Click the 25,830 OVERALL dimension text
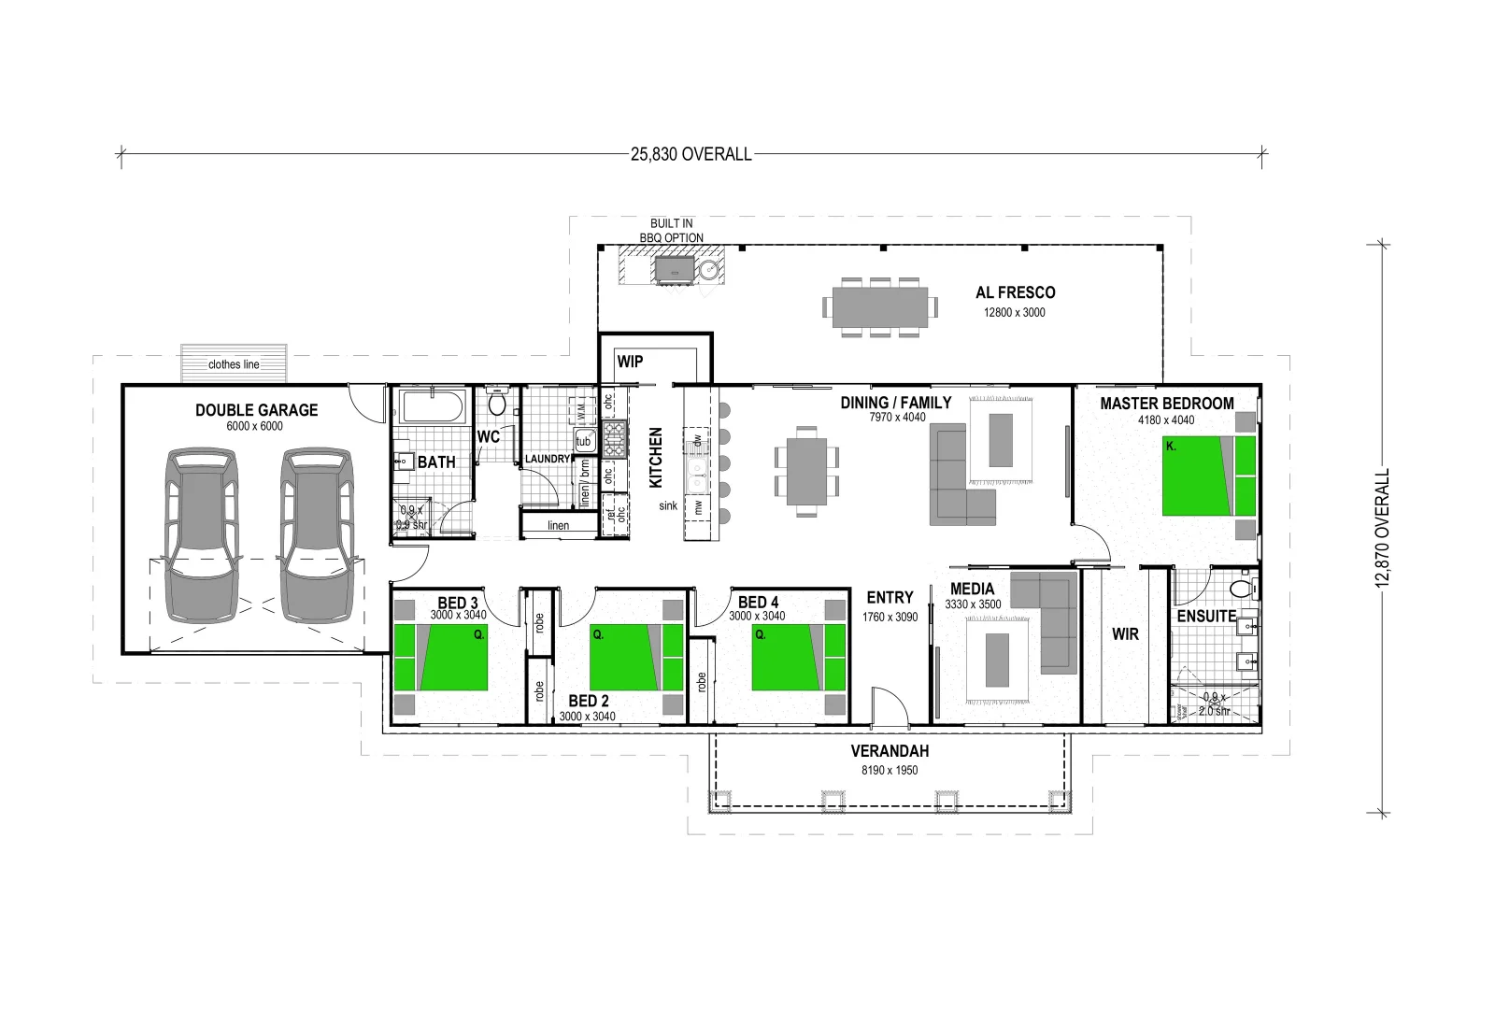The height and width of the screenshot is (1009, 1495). click(691, 154)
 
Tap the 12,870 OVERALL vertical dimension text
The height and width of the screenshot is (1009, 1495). click(1383, 528)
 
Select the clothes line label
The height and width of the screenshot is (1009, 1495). click(234, 364)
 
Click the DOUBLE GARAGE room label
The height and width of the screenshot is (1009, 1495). click(256, 410)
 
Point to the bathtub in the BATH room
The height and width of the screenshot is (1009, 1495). click(432, 408)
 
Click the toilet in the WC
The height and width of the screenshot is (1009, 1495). click(497, 404)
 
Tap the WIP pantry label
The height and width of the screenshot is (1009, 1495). click(630, 362)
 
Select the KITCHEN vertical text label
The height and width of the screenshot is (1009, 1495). click(656, 458)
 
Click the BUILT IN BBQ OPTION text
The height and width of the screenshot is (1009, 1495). click(671, 231)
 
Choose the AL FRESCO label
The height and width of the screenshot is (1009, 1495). click(1015, 292)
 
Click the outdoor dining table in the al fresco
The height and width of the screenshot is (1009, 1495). click(879, 306)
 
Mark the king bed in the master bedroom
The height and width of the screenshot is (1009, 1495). click(1208, 476)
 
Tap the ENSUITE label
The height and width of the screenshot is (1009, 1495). click(1205, 617)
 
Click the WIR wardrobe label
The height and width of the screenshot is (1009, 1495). click(1125, 634)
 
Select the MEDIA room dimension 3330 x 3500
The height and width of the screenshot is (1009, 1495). click(973, 604)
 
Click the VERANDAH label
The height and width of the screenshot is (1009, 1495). click(890, 751)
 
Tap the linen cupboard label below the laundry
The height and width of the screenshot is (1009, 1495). click(558, 526)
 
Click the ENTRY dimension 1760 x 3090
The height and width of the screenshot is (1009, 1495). click(890, 617)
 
